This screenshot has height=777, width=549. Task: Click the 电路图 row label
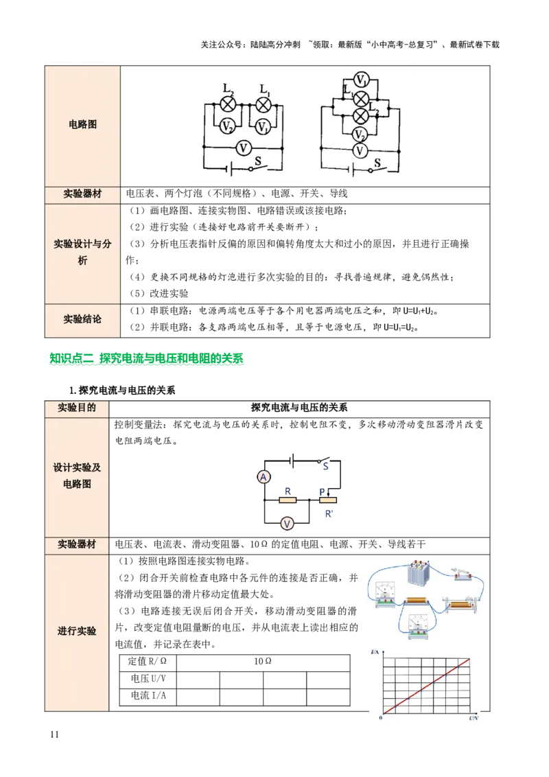82,125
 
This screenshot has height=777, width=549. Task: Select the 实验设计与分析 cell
82,252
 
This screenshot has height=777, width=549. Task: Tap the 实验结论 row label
82,319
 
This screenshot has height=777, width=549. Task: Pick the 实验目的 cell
77,408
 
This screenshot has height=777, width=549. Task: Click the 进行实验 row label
77,631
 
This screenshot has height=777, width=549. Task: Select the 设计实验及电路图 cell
77,476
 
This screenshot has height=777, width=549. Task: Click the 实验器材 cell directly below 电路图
82,194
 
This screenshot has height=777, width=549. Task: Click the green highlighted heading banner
145,359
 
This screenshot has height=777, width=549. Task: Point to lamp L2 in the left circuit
228,104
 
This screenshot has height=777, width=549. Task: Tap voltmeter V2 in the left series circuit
228,126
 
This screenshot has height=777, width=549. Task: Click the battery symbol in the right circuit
352,170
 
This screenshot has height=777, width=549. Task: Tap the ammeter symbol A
262,477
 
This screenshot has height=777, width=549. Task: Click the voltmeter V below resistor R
288,524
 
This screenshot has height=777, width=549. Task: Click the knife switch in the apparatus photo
462,575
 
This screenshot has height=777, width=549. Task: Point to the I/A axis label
375,650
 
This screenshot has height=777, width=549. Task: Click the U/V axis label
473,717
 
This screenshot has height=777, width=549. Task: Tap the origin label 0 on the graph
380,717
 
